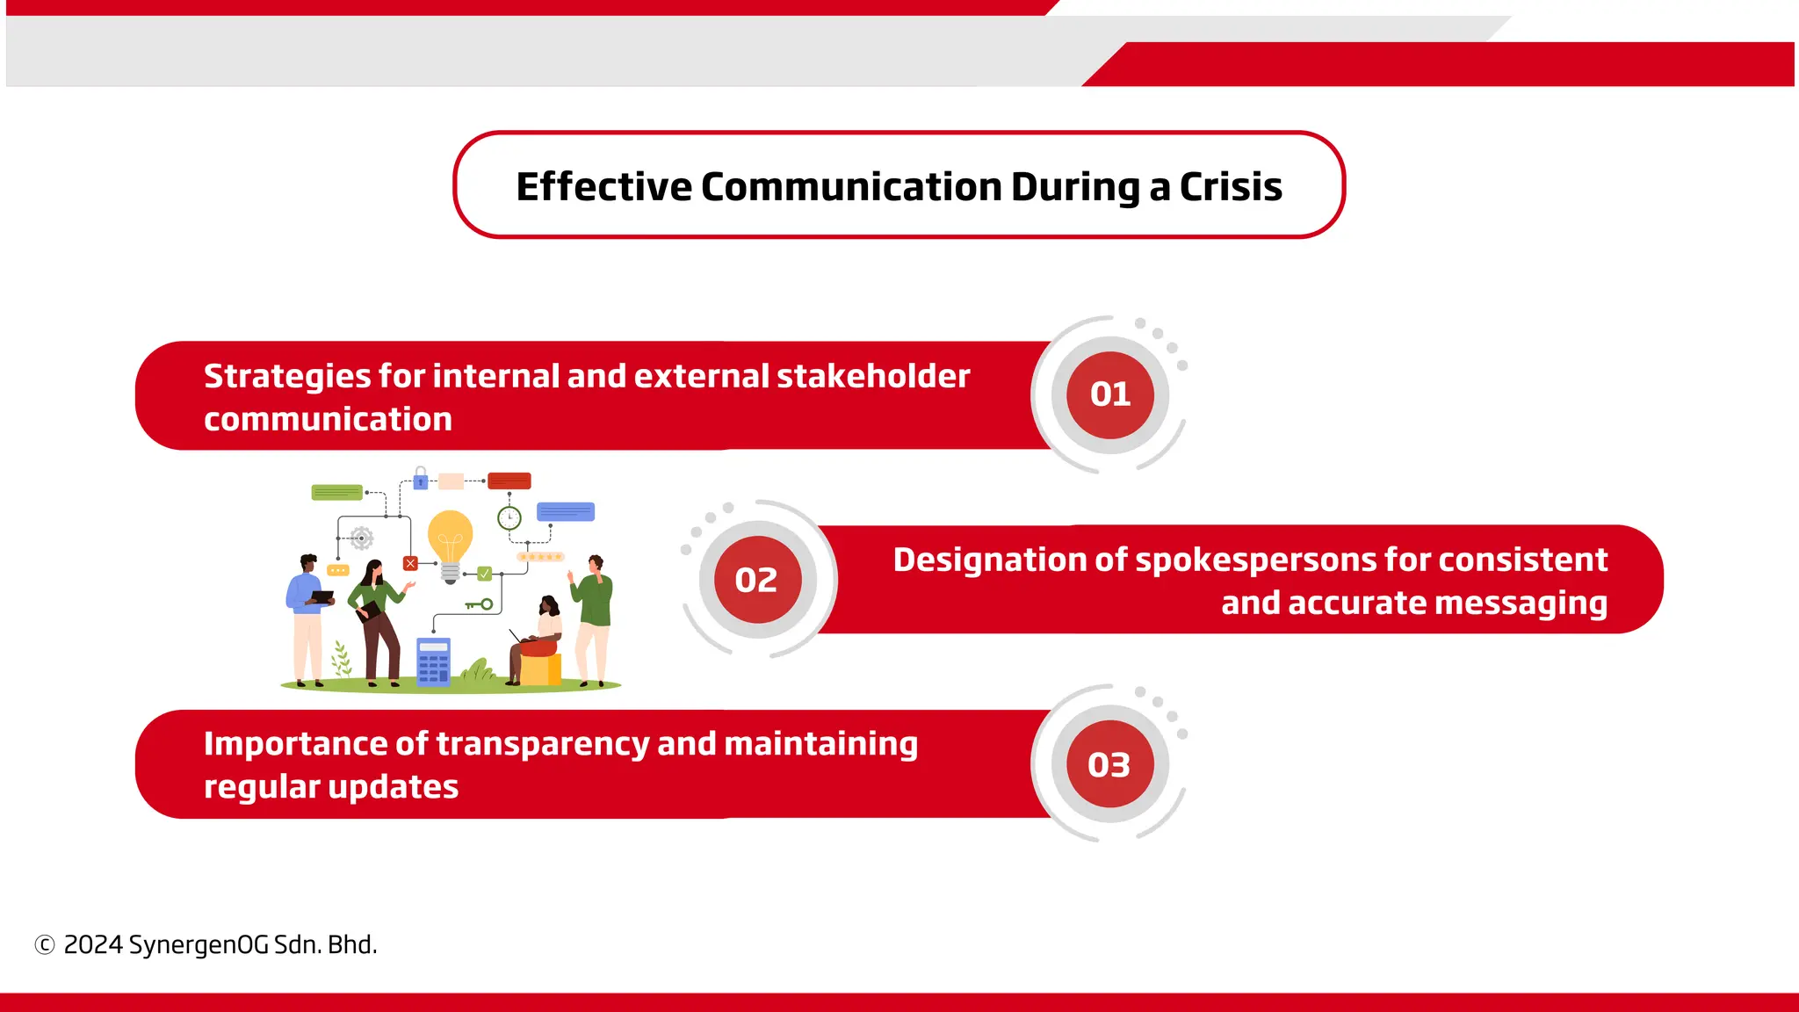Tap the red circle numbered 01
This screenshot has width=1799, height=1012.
point(1110,394)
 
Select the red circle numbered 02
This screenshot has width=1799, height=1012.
point(756,580)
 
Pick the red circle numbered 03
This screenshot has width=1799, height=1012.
point(1110,764)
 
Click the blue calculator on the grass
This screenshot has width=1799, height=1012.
point(433,661)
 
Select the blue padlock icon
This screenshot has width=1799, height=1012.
point(421,479)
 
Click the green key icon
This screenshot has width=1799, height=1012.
point(480,604)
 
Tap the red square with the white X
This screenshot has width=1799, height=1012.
point(410,563)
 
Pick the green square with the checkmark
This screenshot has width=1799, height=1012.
point(485,574)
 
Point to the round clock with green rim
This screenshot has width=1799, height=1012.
point(509,517)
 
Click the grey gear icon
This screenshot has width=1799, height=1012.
point(361,538)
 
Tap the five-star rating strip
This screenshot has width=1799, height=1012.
point(539,557)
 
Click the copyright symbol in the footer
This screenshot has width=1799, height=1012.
point(45,945)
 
